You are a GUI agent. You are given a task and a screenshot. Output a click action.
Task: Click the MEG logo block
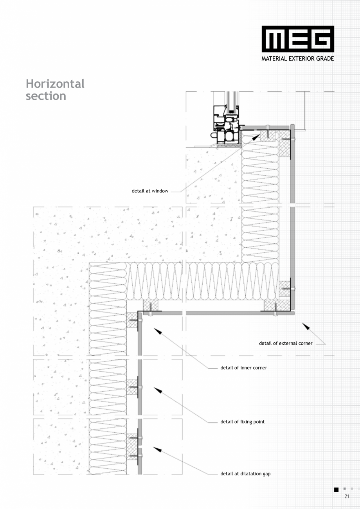[298, 39]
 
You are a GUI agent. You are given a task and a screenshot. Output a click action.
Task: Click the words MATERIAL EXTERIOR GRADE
[297, 59]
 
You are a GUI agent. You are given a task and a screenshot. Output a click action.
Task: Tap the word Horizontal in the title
[55, 84]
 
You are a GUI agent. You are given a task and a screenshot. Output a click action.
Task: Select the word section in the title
[46, 96]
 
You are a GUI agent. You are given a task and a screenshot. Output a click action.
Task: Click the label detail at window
[150, 191]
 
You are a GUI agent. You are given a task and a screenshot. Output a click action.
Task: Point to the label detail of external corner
[286, 344]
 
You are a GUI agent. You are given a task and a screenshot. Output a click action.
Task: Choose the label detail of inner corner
[244, 368]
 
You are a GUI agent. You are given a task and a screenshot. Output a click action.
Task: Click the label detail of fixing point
[243, 422]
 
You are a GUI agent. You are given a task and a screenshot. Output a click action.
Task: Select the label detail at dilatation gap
[245, 474]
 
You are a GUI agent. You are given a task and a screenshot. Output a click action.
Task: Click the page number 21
[347, 496]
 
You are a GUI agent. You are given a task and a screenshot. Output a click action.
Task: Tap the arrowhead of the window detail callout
[256, 137]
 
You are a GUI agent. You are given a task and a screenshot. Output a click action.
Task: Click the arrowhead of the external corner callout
[306, 326]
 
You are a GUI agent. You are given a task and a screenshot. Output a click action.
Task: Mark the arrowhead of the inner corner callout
[158, 331]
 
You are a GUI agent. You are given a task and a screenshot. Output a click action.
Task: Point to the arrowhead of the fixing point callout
[158, 390]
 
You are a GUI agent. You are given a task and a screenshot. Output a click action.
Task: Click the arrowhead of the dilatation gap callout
[157, 450]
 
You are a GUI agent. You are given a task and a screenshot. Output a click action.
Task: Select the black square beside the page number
[337, 489]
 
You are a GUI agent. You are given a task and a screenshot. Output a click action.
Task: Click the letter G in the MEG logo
[321, 39]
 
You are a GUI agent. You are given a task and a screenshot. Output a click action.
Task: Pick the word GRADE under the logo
[325, 59]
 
